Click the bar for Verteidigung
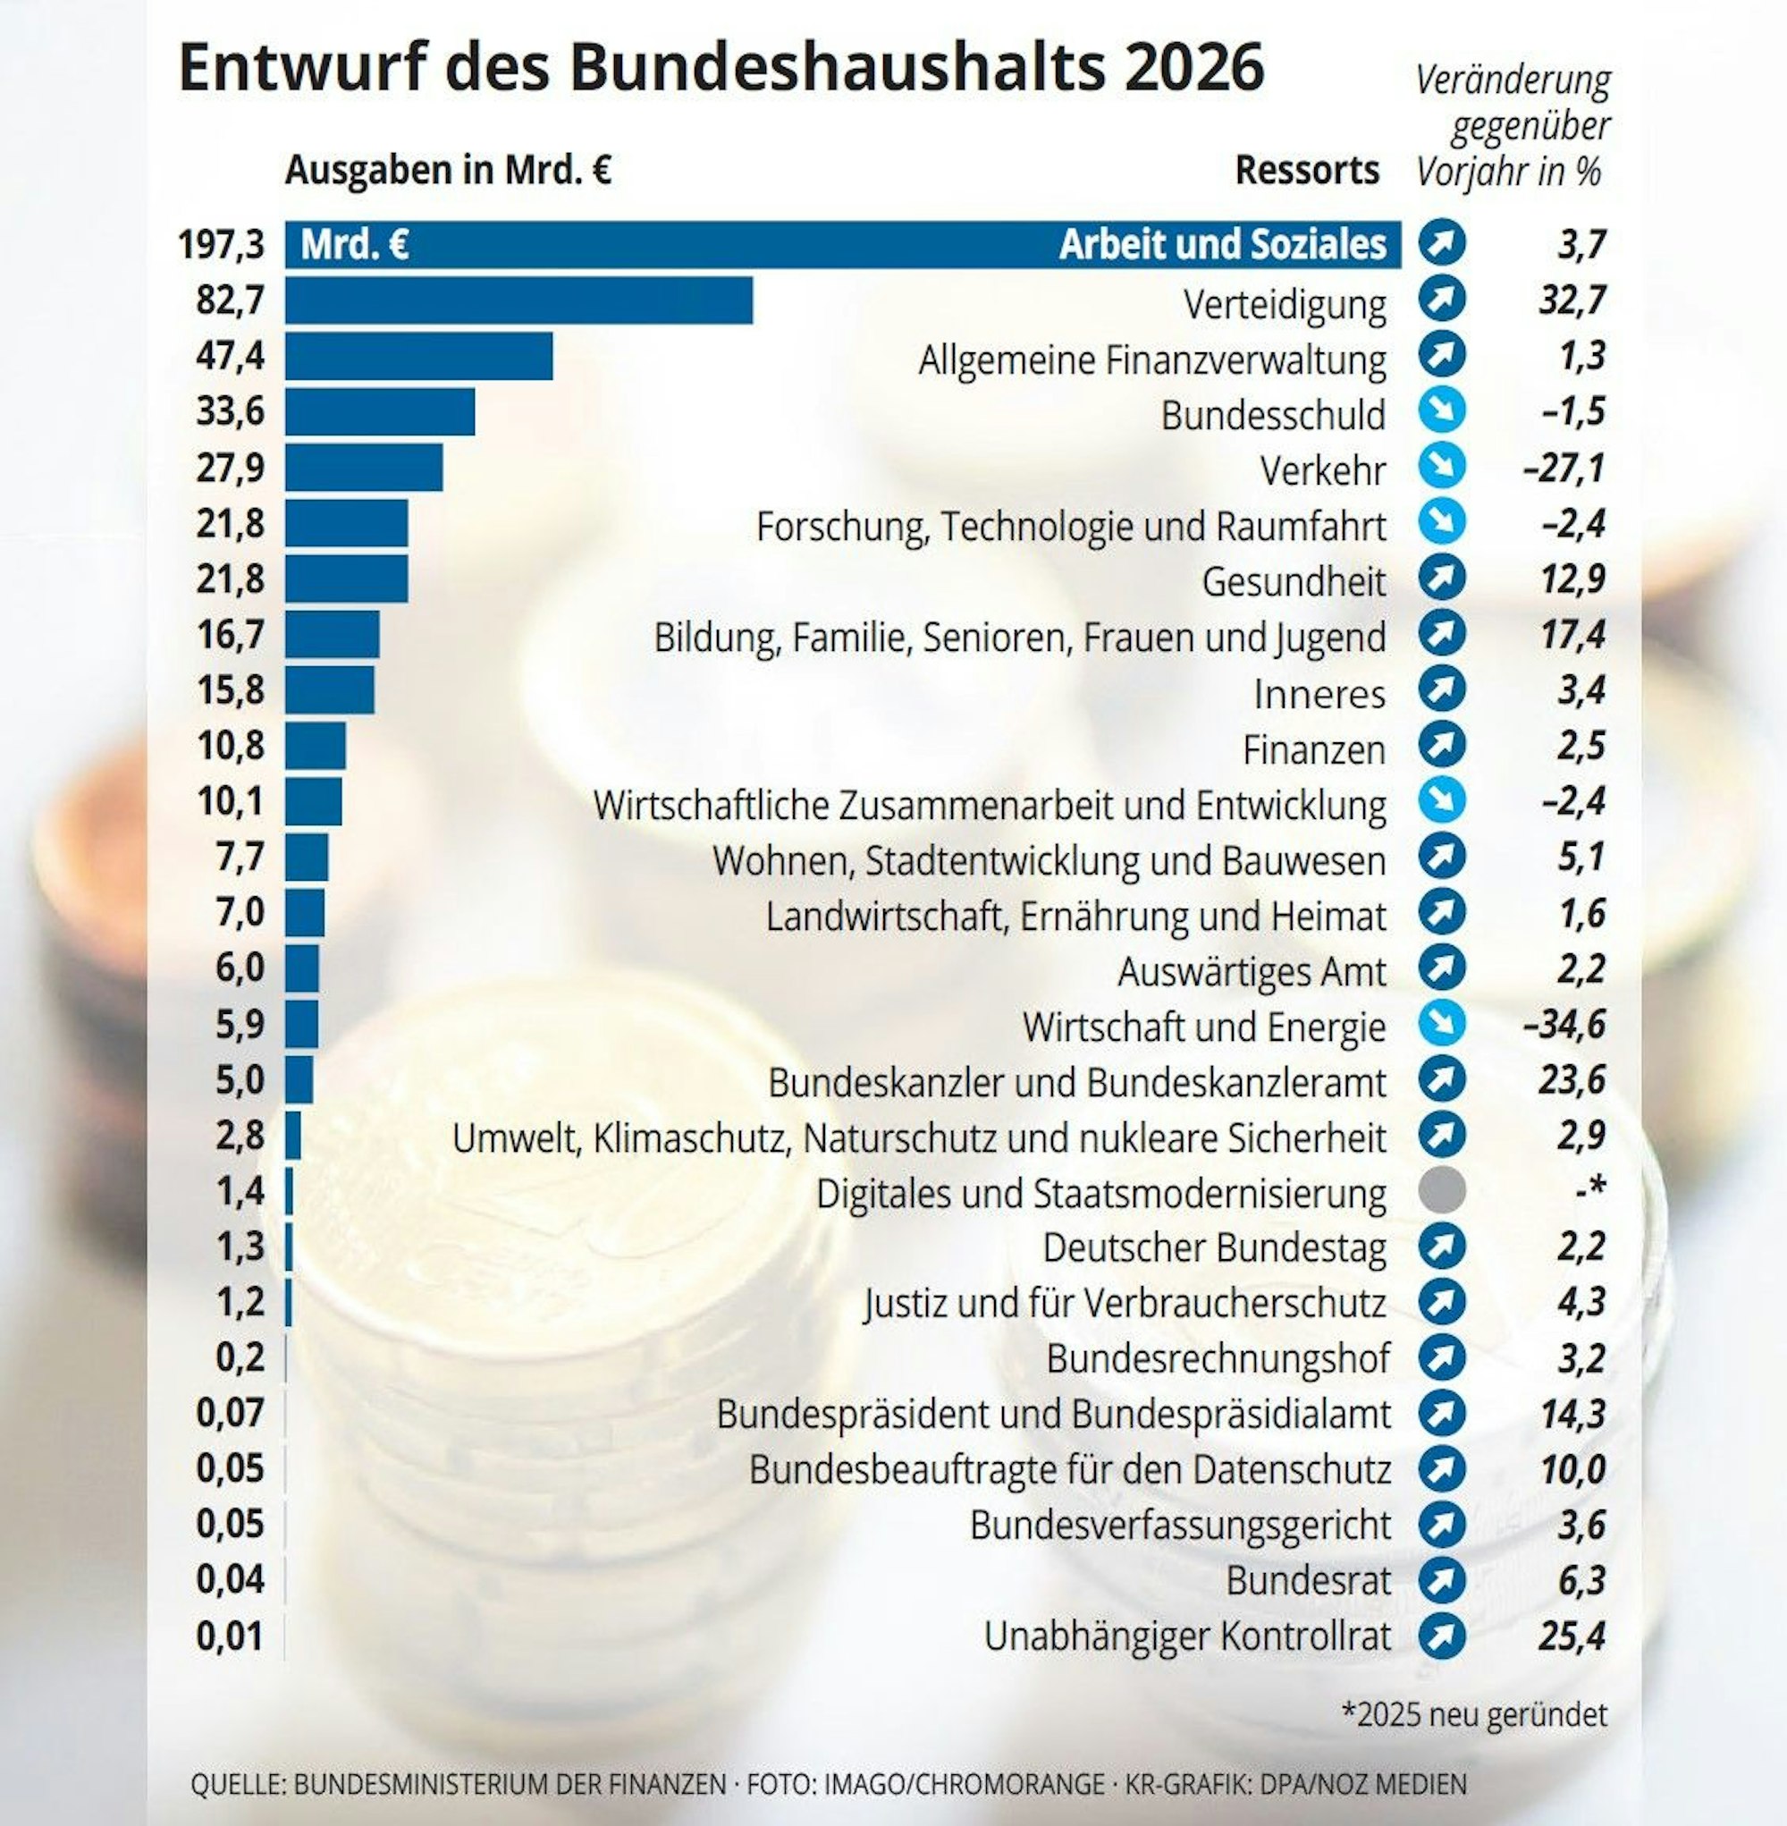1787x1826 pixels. pos(518,300)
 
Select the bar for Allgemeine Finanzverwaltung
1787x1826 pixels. pos(418,356)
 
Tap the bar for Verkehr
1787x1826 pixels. pos(363,468)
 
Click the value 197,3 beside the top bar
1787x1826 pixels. pos(222,245)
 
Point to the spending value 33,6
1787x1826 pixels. pos(230,411)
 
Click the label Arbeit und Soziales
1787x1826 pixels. pos(1222,245)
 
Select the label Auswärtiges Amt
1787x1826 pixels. pos(1252,971)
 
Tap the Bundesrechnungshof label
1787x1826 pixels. pos(1218,1358)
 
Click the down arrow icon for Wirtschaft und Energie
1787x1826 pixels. pos(1442,1024)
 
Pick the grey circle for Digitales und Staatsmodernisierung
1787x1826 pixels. pos(1442,1191)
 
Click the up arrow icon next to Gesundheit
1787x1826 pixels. pos(1442,579)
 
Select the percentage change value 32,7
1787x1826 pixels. pos(1572,300)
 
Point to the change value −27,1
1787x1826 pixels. pos(1564,468)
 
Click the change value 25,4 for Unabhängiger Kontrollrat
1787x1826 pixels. pos(1572,1636)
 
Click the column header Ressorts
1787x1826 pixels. pos(1306,171)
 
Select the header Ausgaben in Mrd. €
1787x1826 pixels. pos(449,171)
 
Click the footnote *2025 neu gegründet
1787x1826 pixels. pos(1473,1714)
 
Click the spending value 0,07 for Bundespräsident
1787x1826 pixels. pos(230,1413)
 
